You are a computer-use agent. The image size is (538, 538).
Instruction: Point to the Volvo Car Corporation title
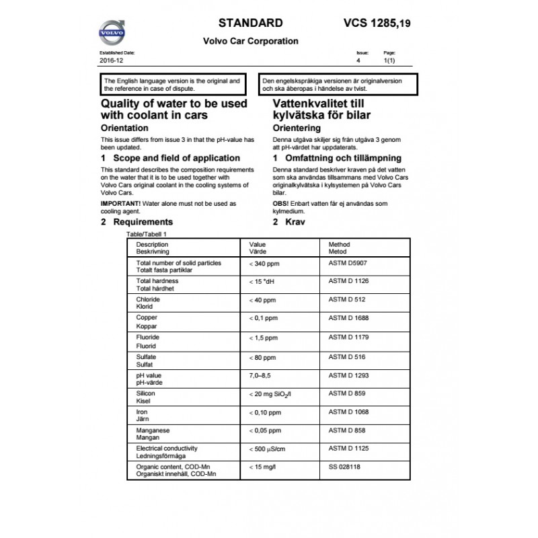[x=250, y=41]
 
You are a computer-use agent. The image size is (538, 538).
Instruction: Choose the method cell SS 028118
[x=344, y=466]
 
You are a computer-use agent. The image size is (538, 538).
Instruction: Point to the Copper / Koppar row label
[x=147, y=319]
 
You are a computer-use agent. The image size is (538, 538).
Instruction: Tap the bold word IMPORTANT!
[x=119, y=202]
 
